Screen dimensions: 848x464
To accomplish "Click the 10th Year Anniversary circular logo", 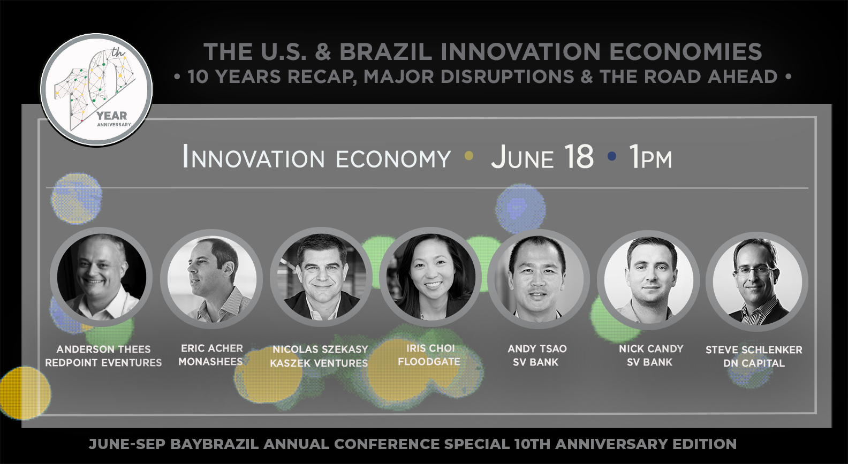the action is point(96,90).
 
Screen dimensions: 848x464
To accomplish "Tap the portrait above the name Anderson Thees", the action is point(101,277).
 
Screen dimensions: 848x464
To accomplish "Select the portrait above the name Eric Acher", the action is point(211,279).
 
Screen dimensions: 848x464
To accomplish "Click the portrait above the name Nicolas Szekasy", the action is point(321,277).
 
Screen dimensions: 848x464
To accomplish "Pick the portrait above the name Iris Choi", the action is point(430,277).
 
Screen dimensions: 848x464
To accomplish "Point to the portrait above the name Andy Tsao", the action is point(539,279).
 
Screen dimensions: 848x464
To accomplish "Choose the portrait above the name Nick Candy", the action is point(648,280).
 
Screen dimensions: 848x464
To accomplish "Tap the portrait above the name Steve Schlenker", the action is point(757,281).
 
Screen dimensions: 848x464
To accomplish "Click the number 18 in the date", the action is point(579,156).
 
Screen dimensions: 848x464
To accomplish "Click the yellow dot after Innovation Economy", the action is point(468,156).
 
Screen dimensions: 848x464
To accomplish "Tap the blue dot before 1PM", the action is point(611,156).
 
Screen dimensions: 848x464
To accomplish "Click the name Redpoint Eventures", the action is point(103,362).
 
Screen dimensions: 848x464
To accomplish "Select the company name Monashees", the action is point(210,361).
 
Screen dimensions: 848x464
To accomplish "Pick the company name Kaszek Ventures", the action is point(319,363).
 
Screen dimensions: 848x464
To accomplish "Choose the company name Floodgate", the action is point(429,361).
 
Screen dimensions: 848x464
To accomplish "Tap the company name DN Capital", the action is point(754,363).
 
